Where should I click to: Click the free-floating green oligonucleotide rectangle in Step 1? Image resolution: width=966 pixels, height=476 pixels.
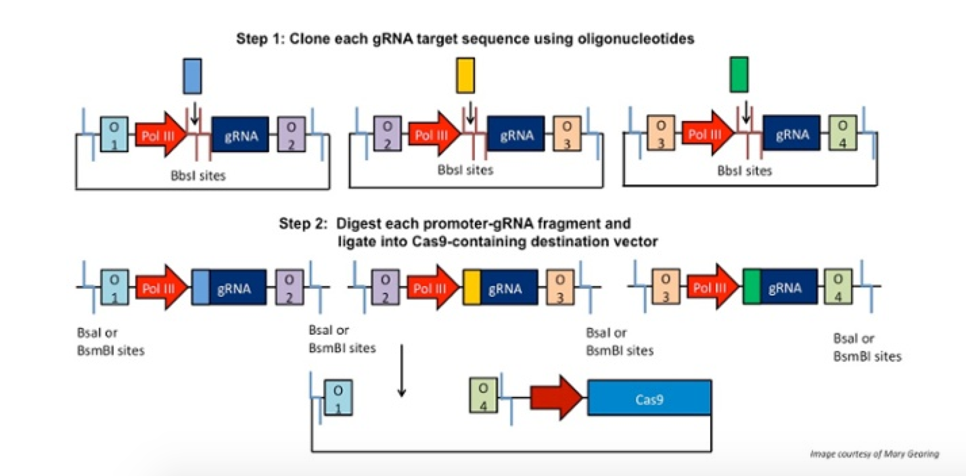739,75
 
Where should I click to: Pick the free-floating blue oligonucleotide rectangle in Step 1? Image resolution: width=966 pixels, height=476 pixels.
193,75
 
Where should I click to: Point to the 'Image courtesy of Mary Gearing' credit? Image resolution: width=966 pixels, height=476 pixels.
874,454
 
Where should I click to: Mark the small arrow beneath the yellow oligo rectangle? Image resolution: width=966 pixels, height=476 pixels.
467,111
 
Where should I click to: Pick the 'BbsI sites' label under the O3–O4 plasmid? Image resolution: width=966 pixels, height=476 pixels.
744,171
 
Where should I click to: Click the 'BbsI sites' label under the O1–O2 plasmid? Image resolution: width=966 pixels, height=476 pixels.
198,176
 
